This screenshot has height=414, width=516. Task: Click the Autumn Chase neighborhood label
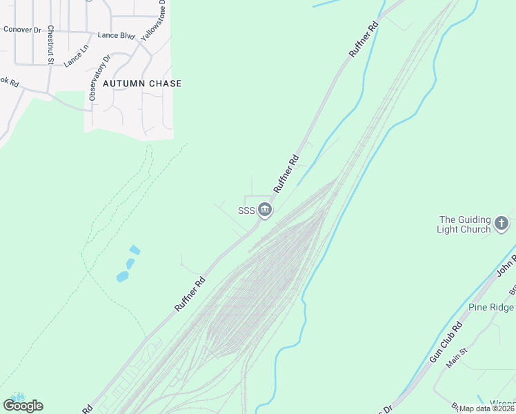pyautogui.click(x=142, y=83)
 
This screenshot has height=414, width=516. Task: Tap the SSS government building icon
pyautogui.click(x=265, y=210)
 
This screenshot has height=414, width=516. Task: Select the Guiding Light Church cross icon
pyautogui.click(x=502, y=224)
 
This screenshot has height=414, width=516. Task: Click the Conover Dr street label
pyautogui.click(x=22, y=30)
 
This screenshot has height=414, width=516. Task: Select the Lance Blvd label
pyautogui.click(x=116, y=34)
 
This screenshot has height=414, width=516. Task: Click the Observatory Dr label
pyautogui.click(x=100, y=78)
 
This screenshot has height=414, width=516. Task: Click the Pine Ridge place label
pyautogui.click(x=492, y=307)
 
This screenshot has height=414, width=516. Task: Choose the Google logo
pyautogui.click(x=23, y=406)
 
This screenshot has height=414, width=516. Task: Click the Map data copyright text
pyautogui.click(x=486, y=408)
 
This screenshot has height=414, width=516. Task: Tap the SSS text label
pyautogui.click(x=247, y=210)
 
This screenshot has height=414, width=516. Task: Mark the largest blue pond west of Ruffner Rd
pyautogui.click(x=123, y=277)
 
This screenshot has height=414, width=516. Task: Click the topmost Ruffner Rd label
pyautogui.click(x=364, y=39)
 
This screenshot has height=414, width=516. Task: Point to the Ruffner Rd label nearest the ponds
pyautogui.click(x=190, y=294)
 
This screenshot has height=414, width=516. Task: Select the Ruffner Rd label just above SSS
pyautogui.click(x=286, y=174)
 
